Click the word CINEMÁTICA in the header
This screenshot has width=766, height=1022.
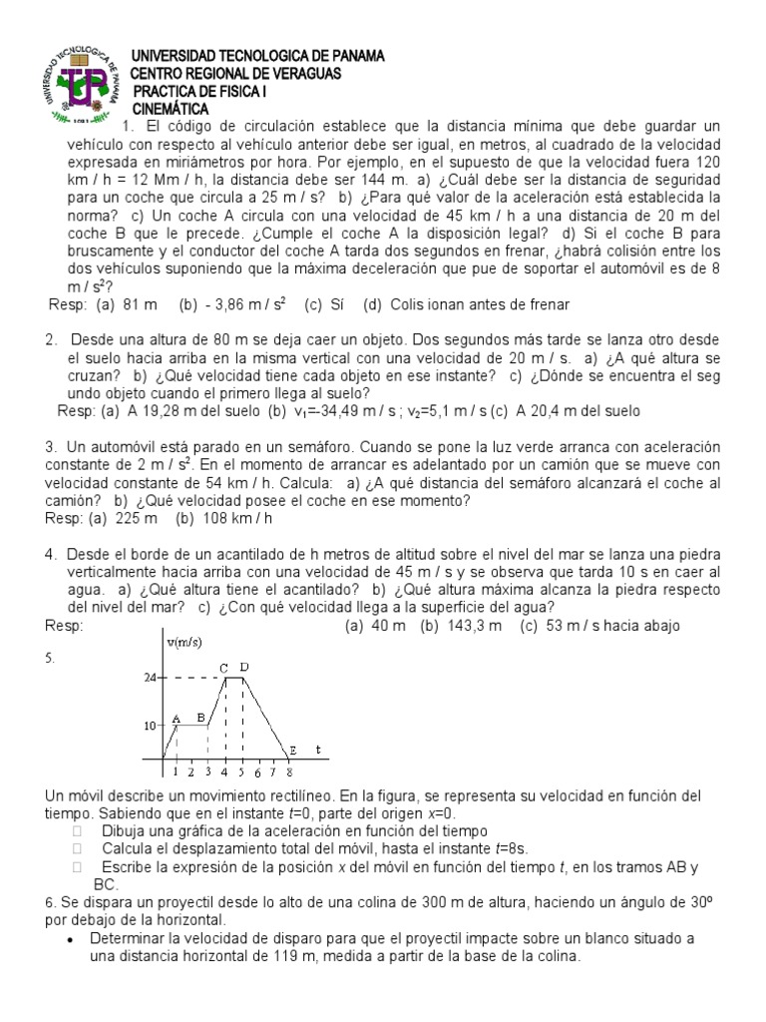[x=172, y=108]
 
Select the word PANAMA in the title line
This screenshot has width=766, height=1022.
[x=350, y=56]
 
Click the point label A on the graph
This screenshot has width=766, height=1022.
[x=176, y=717]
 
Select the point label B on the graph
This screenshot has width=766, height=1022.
[x=201, y=717]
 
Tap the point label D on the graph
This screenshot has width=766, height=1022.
[x=244, y=667]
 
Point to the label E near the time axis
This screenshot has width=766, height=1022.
[x=293, y=750]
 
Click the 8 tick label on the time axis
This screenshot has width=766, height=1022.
[x=288, y=771]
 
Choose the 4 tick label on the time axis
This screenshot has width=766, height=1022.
[x=223, y=771]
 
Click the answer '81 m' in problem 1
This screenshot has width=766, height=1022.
[x=142, y=303]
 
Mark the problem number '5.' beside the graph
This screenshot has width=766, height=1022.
[x=51, y=658]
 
